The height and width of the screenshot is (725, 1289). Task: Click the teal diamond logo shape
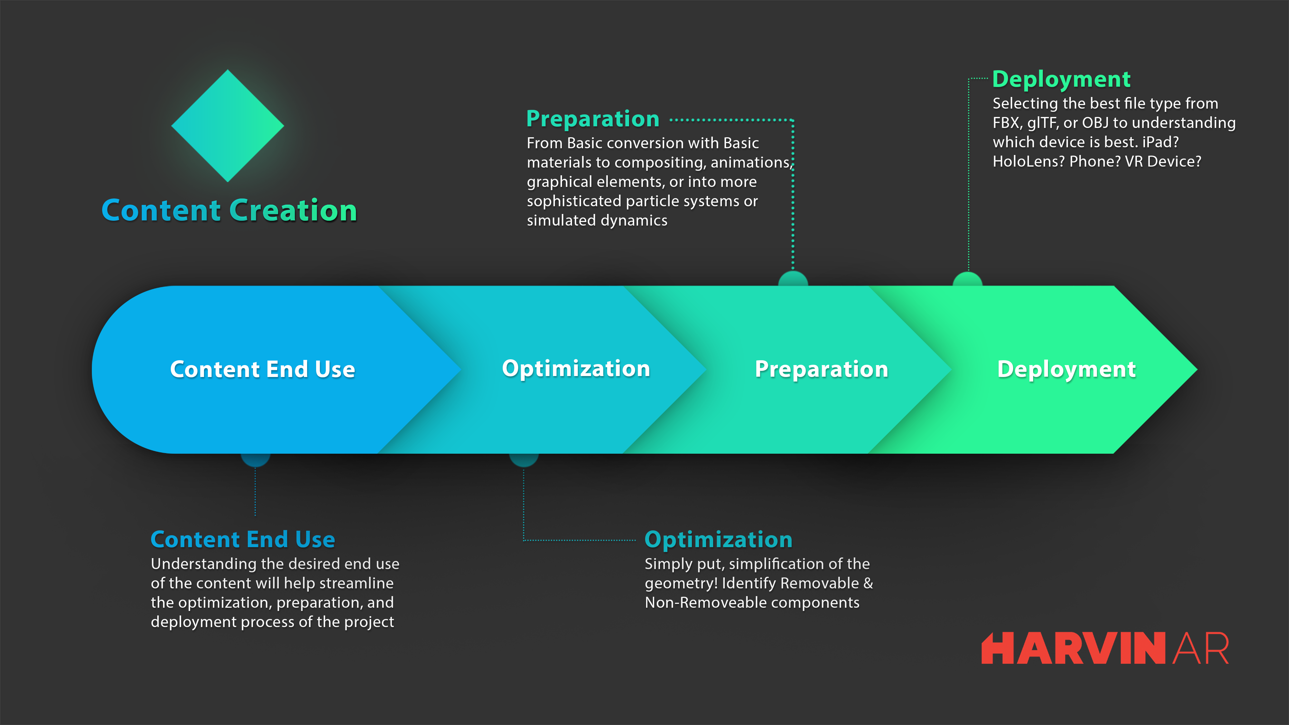pos(228,126)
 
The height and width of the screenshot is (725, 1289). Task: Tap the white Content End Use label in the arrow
pos(263,369)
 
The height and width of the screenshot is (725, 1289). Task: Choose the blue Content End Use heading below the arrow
pos(243,539)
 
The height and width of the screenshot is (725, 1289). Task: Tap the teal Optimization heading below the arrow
pos(719,540)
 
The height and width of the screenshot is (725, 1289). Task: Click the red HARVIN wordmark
pos(1074,648)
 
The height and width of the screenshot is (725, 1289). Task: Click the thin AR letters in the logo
pos(1200,648)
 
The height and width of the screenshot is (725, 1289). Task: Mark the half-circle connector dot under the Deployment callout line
pos(968,279)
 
